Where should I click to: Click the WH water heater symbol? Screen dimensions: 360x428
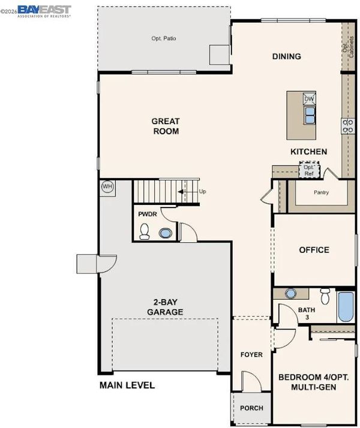click(107, 186)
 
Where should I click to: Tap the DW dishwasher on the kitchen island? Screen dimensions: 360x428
click(309, 99)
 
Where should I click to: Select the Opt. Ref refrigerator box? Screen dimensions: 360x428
click(309, 170)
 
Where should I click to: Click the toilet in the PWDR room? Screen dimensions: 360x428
click(144, 231)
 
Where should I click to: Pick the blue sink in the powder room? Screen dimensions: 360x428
click(166, 233)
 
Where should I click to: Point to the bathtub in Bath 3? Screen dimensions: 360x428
click(346, 306)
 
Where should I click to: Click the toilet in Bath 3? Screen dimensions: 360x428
click(325, 297)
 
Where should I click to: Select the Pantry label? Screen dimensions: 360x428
click(321, 192)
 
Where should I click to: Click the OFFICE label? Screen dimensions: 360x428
click(314, 250)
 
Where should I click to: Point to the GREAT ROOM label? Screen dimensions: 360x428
click(166, 126)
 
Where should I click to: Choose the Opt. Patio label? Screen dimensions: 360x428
click(164, 38)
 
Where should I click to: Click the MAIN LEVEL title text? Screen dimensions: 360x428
click(127, 385)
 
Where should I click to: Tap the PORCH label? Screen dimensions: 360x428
click(251, 408)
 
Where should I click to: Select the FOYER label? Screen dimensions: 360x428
click(251, 355)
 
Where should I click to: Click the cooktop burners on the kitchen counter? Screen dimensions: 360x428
click(348, 126)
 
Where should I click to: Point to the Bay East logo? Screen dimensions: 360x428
click(44, 11)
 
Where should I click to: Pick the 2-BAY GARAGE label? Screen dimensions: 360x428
click(165, 307)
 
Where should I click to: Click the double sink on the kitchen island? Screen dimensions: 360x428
click(309, 115)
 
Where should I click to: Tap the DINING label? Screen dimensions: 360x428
click(287, 56)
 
